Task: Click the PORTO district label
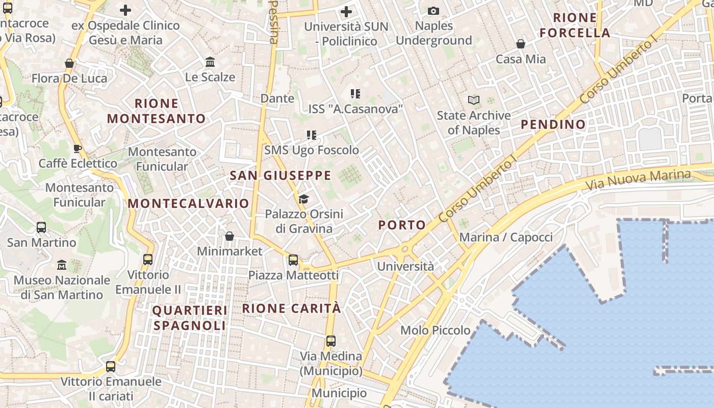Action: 402,225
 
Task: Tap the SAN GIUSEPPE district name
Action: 280,176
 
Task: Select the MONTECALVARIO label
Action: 188,203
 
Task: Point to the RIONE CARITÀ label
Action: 291,309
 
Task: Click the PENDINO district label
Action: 553,124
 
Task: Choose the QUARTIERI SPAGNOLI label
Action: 190,318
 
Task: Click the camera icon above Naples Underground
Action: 433,11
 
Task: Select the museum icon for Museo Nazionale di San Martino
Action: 62,265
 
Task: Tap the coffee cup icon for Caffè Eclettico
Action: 77,148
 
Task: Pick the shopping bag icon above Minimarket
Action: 229,236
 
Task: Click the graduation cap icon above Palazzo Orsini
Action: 304,199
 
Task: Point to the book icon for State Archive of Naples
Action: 474,100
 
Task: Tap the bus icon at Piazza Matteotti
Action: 293,260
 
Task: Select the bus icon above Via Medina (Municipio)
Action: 331,341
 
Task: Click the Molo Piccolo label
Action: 436,330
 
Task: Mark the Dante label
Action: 277,98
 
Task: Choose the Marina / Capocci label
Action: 506,237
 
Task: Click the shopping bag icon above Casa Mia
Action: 521,44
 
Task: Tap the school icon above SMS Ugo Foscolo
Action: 312,135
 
